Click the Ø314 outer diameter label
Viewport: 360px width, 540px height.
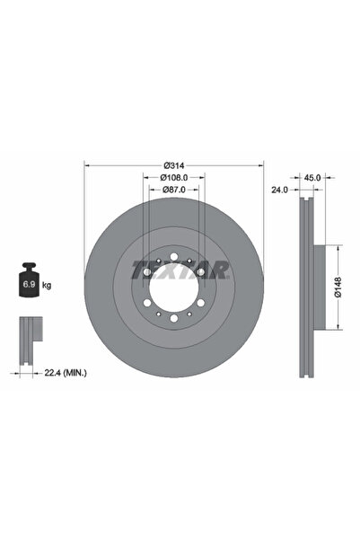[174, 165]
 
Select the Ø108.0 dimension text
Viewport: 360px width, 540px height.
[174, 178]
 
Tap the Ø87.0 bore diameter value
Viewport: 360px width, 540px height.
[174, 190]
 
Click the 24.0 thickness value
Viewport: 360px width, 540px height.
[279, 190]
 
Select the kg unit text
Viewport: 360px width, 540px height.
[46, 285]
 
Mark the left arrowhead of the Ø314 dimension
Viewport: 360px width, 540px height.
[87, 165]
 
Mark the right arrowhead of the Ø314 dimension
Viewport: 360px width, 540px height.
[261, 165]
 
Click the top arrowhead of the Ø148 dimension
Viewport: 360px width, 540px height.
[338, 245]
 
